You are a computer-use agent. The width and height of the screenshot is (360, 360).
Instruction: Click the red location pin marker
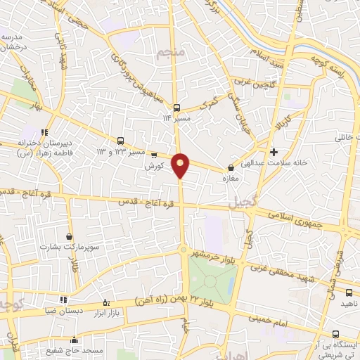[x=181, y=165]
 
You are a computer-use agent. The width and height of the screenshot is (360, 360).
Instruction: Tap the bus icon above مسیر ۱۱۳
[x=176, y=108]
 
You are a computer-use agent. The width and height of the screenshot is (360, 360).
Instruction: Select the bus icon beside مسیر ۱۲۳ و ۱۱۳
[x=120, y=141]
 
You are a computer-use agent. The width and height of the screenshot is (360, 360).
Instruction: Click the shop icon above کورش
[x=154, y=155]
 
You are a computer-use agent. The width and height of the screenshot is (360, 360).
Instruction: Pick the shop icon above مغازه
[x=231, y=168]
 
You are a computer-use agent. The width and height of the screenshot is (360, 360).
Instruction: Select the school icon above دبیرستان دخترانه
[x=44, y=131]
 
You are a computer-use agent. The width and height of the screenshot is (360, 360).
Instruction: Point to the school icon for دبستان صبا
[x=64, y=299]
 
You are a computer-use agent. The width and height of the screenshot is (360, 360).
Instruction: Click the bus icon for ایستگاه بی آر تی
[x=335, y=334]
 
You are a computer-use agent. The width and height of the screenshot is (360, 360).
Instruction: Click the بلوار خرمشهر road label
[x=221, y=255]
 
